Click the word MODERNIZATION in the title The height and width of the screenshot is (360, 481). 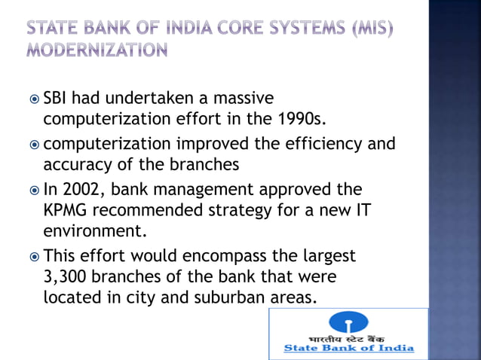(97, 51)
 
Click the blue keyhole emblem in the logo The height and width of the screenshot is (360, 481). (348, 323)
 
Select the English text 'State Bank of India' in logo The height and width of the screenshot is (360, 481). (348, 348)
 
